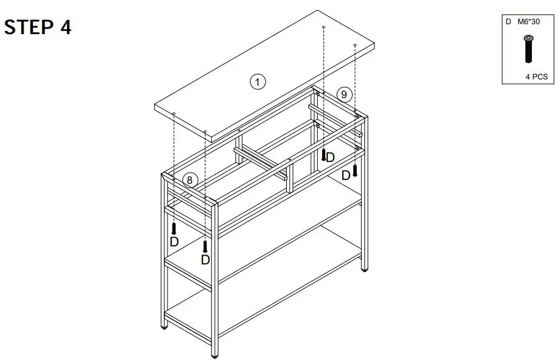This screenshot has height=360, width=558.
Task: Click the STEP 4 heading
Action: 38,28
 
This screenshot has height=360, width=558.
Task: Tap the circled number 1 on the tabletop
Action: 258,81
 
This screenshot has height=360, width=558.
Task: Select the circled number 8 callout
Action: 191,181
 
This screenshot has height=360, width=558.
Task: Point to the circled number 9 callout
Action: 344,94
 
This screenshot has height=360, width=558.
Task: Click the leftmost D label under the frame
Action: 174,241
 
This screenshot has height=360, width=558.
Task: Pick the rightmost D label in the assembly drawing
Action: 346,176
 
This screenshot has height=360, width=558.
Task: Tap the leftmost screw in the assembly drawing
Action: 174,228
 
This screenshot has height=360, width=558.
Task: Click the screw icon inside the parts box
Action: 528,49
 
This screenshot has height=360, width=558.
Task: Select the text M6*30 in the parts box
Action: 530,22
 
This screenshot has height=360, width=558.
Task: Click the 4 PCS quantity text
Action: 536,77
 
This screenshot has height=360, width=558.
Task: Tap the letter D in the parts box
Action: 508,22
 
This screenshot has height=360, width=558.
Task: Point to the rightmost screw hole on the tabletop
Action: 354,45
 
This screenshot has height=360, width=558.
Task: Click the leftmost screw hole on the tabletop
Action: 174,114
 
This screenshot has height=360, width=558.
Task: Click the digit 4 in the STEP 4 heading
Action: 65,28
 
